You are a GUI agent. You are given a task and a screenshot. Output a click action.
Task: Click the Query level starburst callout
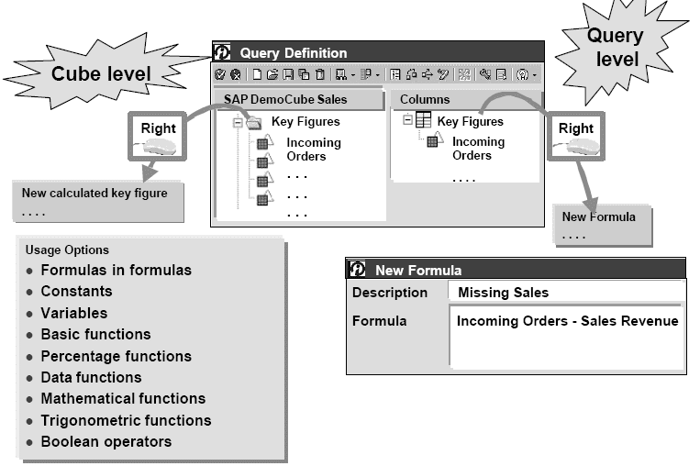(614, 49)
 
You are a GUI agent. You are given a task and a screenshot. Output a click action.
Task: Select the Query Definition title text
(294, 52)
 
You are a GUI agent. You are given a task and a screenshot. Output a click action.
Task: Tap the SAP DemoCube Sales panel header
(297, 99)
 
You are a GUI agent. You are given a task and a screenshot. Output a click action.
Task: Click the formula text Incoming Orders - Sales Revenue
(567, 321)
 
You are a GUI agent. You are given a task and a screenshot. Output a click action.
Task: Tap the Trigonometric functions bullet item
(126, 420)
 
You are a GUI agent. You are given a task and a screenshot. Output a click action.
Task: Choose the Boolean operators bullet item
(106, 441)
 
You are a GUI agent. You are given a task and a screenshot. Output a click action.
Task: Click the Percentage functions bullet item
(116, 356)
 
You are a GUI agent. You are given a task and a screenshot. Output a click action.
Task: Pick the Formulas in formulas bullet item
(116, 270)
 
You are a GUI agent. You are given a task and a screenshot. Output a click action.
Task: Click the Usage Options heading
(67, 250)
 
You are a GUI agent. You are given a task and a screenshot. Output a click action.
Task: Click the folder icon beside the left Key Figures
(254, 122)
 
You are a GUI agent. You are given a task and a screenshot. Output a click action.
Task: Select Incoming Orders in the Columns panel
(478, 149)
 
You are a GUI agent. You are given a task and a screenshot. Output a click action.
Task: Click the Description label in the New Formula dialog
(390, 293)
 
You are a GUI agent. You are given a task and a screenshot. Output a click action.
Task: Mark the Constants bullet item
(76, 291)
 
